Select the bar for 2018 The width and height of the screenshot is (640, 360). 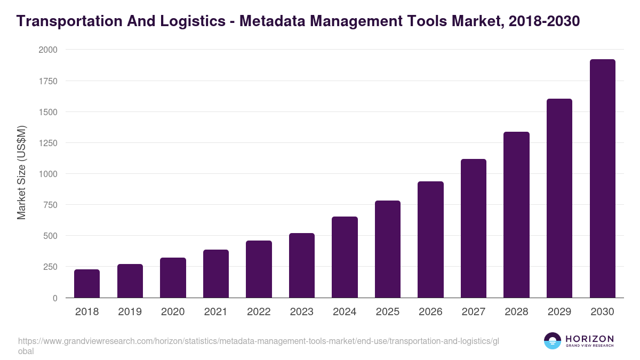87,284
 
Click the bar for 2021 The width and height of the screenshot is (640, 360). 216,274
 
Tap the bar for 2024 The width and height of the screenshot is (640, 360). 345,257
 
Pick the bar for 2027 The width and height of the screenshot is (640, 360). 474,228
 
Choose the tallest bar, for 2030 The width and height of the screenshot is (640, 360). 602,179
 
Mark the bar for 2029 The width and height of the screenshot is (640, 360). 559,198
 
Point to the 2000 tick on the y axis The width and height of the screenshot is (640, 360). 48,50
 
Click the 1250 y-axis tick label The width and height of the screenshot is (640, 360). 48,143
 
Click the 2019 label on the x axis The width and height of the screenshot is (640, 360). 130,312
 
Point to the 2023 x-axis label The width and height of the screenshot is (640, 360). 301,312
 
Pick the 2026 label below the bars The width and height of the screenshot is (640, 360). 430,312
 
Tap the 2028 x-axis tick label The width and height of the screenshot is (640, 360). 516,312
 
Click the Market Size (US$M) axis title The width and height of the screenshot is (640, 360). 21,172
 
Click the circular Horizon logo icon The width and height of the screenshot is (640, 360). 553,341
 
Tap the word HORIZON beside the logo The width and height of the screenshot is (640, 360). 590,339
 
